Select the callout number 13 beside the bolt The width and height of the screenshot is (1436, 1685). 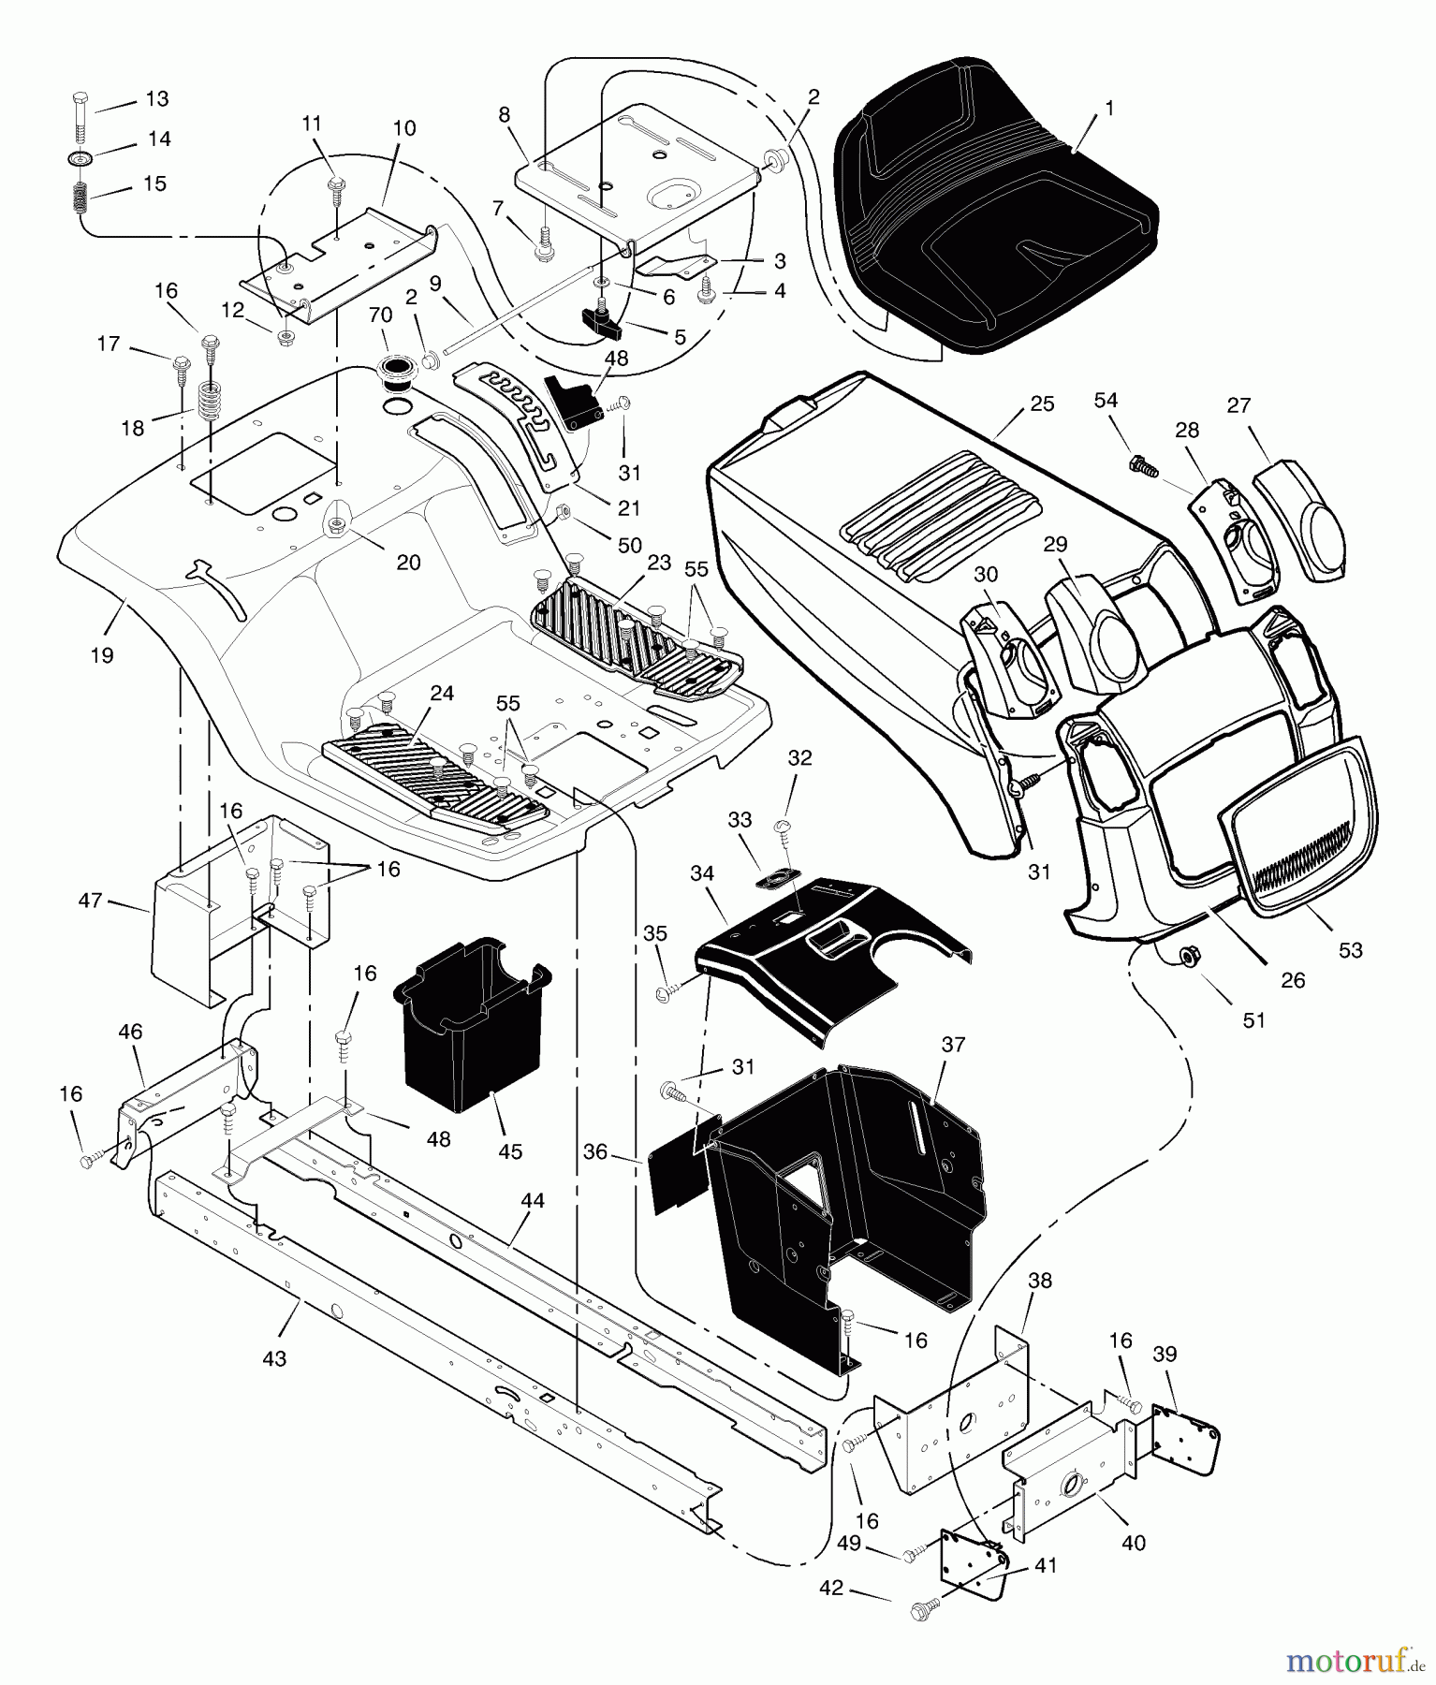(x=155, y=99)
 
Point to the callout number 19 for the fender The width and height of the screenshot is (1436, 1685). (x=102, y=655)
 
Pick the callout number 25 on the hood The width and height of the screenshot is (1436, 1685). (x=1042, y=403)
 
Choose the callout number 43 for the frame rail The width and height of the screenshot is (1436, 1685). (x=274, y=1358)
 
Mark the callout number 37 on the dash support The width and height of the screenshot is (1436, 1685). (x=952, y=1044)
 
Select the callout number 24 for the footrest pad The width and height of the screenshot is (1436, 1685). (x=442, y=694)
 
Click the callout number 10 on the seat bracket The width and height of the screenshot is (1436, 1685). (x=403, y=127)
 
